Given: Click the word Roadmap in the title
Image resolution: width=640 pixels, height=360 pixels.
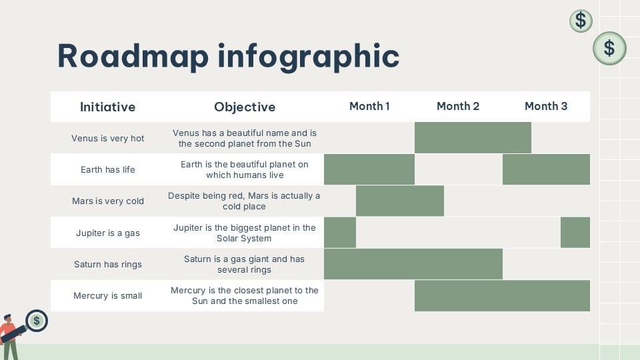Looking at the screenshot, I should coord(132,56).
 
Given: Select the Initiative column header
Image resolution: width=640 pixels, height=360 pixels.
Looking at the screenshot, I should coord(107,107).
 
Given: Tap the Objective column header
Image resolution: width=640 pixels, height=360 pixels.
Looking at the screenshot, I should coord(245,107).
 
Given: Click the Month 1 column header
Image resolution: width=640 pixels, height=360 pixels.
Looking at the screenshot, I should coord(369,106).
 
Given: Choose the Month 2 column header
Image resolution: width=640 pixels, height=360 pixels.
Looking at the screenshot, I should coord(458,106).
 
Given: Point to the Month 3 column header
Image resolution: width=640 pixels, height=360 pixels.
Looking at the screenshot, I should coord(546,106).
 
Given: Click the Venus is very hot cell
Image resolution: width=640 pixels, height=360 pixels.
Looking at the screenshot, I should coord(107,138).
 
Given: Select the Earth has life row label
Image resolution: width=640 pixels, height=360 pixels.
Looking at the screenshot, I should coord(107,169).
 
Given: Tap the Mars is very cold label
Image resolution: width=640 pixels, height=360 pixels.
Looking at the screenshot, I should coord(107,201).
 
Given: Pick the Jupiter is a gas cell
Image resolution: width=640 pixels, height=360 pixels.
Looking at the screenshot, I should coord(107,233).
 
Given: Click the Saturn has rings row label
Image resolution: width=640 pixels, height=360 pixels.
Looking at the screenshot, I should coord(107,264).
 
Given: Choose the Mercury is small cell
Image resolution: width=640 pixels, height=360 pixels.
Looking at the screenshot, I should coord(107,295).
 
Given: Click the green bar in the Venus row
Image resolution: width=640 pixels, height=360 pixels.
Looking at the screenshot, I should coord(473,137).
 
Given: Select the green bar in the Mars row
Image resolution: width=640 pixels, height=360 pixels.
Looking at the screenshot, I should coord(400,201).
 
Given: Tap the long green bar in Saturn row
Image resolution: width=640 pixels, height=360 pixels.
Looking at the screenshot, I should coord(413,264).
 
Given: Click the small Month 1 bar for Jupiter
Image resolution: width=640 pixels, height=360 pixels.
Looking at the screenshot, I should coord(340,233).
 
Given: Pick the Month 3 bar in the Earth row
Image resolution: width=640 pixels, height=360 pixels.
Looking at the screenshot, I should coord(546,169).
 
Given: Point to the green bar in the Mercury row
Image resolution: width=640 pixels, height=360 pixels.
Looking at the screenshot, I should coord(502,295).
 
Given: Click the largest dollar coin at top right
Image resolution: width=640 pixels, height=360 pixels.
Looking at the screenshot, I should coord(609,48).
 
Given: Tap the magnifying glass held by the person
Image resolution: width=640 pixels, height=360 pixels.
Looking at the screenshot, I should coord(35,321).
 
